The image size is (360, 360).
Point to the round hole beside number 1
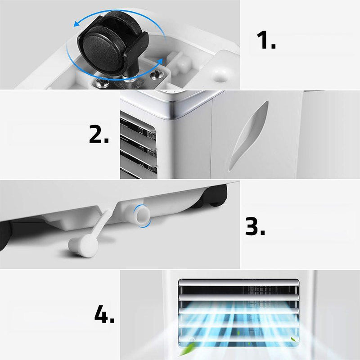click(x=221, y=77)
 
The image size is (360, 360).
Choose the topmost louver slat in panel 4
click(x=238, y=283)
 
